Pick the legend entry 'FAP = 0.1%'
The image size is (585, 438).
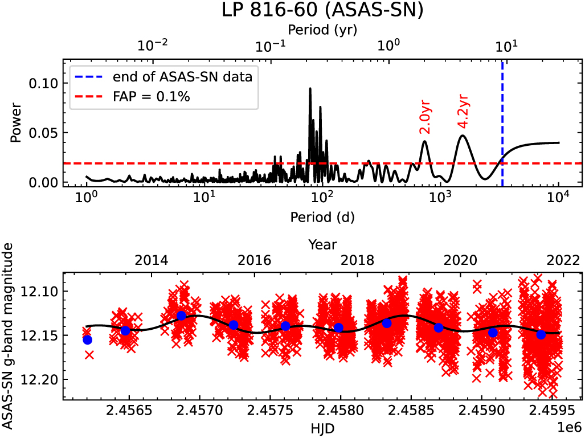click(151, 97)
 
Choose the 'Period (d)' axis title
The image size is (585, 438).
click(322, 216)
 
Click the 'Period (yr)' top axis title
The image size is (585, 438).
click(322, 28)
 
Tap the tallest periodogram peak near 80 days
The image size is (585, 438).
click(310, 89)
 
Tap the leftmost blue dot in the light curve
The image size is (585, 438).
click(88, 340)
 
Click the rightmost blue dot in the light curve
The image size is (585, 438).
click(541, 334)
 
